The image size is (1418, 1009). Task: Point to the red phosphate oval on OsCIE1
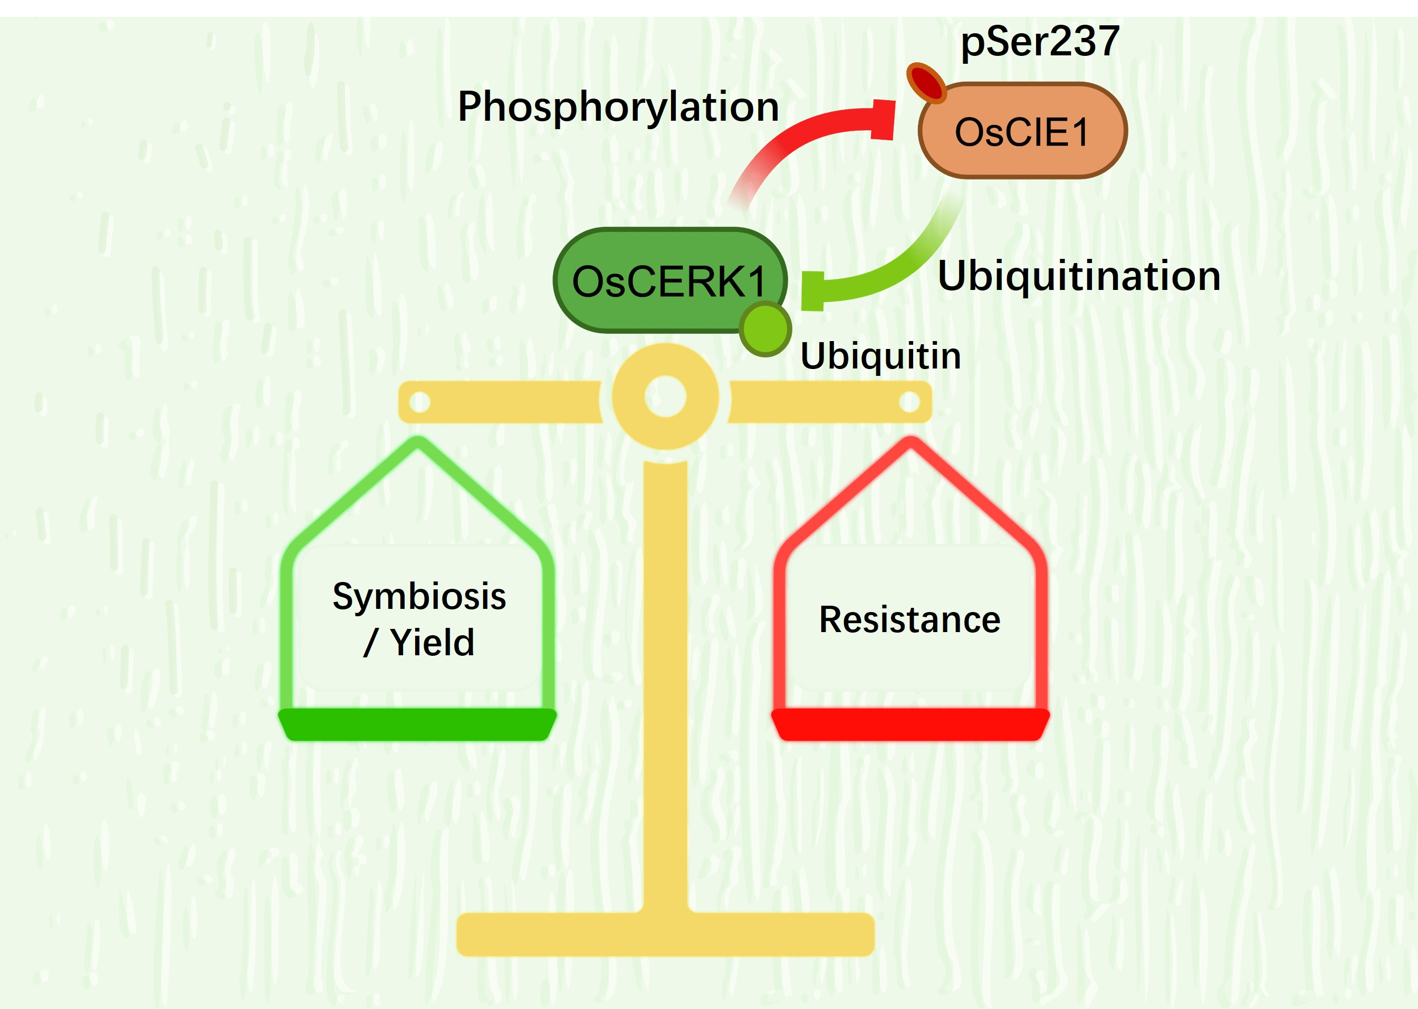(x=926, y=82)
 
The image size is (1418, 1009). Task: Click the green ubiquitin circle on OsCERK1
(x=765, y=328)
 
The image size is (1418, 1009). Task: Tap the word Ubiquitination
(x=1079, y=276)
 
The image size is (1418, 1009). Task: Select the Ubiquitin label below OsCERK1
(x=880, y=356)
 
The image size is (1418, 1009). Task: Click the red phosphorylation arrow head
(x=883, y=119)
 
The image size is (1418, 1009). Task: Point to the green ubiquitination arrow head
(x=812, y=291)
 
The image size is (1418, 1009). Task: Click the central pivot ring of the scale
(x=665, y=396)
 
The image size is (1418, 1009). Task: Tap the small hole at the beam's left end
(x=419, y=401)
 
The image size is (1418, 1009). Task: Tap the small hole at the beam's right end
(x=909, y=401)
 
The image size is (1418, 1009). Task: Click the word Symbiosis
(x=419, y=596)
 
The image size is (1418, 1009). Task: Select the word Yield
(x=432, y=643)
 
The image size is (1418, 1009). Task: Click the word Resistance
(x=909, y=619)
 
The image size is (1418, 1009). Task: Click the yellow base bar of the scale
(x=665, y=934)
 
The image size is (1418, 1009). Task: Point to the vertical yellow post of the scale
(x=665, y=683)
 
